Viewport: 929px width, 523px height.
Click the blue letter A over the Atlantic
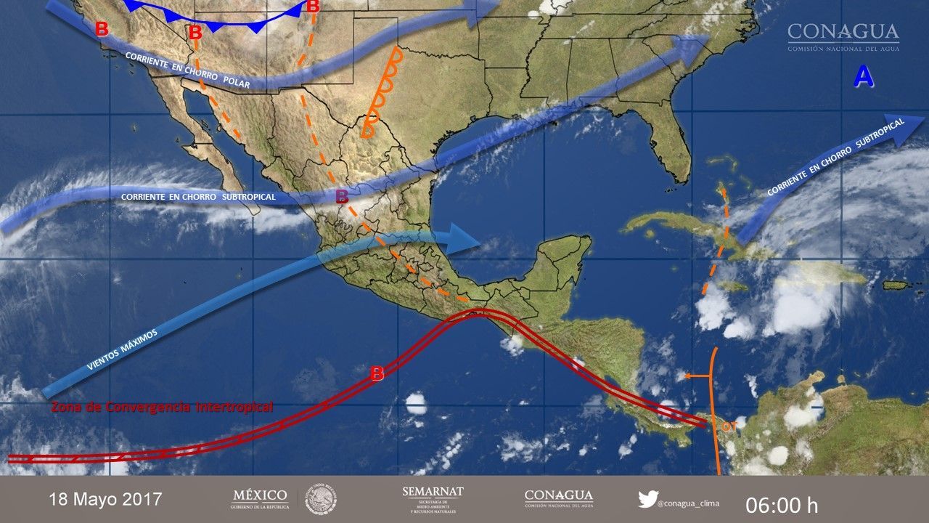(863, 76)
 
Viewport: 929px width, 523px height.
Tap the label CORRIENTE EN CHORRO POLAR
(187, 71)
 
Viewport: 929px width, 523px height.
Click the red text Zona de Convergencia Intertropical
(162, 407)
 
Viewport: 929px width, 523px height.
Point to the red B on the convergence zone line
(377, 374)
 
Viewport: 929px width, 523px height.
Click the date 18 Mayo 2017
(105, 500)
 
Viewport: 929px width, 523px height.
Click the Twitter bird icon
(647, 499)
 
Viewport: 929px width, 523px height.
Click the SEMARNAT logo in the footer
(433, 498)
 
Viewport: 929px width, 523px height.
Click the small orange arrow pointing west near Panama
(697, 376)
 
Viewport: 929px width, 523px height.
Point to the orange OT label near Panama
(727, 426)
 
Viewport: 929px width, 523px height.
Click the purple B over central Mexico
(341, 195)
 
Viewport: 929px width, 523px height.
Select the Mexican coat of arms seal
(320, 499)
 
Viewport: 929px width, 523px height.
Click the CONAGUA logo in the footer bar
(558, 498)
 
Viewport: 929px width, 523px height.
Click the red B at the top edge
(313, 7)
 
